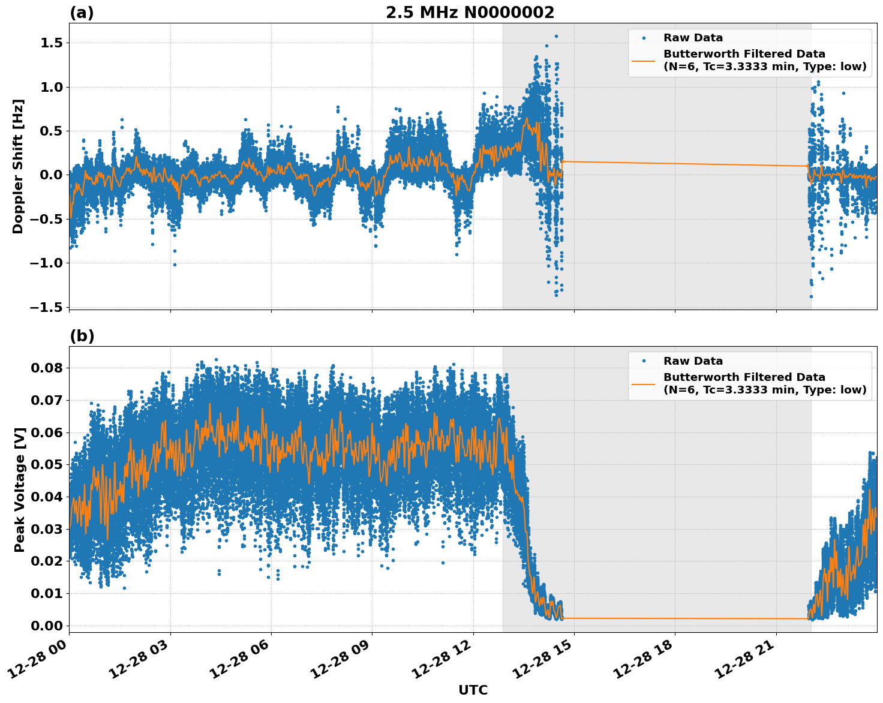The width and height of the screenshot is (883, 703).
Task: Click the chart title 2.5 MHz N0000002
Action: [470, 13]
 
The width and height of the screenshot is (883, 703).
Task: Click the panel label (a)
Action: [82, 13]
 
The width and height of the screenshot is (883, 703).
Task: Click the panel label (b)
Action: [82, 336]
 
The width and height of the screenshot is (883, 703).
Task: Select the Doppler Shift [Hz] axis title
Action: [18, 166]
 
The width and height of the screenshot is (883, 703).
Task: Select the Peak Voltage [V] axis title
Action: [20, 489]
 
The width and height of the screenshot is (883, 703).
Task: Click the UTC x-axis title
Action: [473, 690]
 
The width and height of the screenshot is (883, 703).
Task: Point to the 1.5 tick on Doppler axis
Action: [52, 43]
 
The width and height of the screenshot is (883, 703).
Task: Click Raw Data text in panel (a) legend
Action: [693, 38]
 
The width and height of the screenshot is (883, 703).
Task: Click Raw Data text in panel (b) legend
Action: [693, 361]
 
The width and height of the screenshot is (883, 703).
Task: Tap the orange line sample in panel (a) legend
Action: [644, 60]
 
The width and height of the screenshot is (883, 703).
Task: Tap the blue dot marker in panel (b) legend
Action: [644, 361]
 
